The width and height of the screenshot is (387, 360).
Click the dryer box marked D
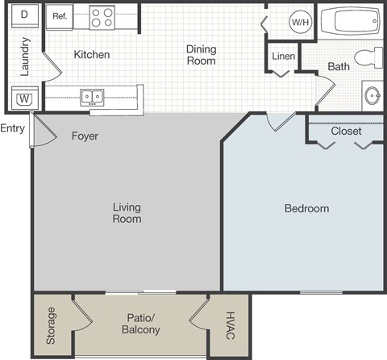coord(25,15)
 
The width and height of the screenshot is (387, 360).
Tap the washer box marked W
coord(24,98)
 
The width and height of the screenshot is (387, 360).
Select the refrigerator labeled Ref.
coord(60,16)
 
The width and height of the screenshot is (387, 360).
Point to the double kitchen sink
coord(92,97)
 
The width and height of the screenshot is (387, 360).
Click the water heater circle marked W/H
coord(299,22)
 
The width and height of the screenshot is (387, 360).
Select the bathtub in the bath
coord(349,22)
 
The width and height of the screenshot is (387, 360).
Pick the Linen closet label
coord(283,57)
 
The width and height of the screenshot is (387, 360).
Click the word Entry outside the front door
coord(12,128)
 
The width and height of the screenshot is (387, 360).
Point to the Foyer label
coord(85,136)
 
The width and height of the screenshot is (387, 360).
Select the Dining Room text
coord(202,54)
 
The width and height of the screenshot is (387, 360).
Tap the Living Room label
coord(127,213)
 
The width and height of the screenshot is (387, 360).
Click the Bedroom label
coord(306,208)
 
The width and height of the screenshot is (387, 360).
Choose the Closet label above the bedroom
coord(346,131)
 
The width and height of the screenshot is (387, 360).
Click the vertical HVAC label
coord(229,324)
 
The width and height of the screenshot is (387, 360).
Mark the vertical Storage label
coord(51,325)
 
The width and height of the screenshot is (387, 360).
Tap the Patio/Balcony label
coord(140,324)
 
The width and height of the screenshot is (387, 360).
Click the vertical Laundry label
coord(25,56)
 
